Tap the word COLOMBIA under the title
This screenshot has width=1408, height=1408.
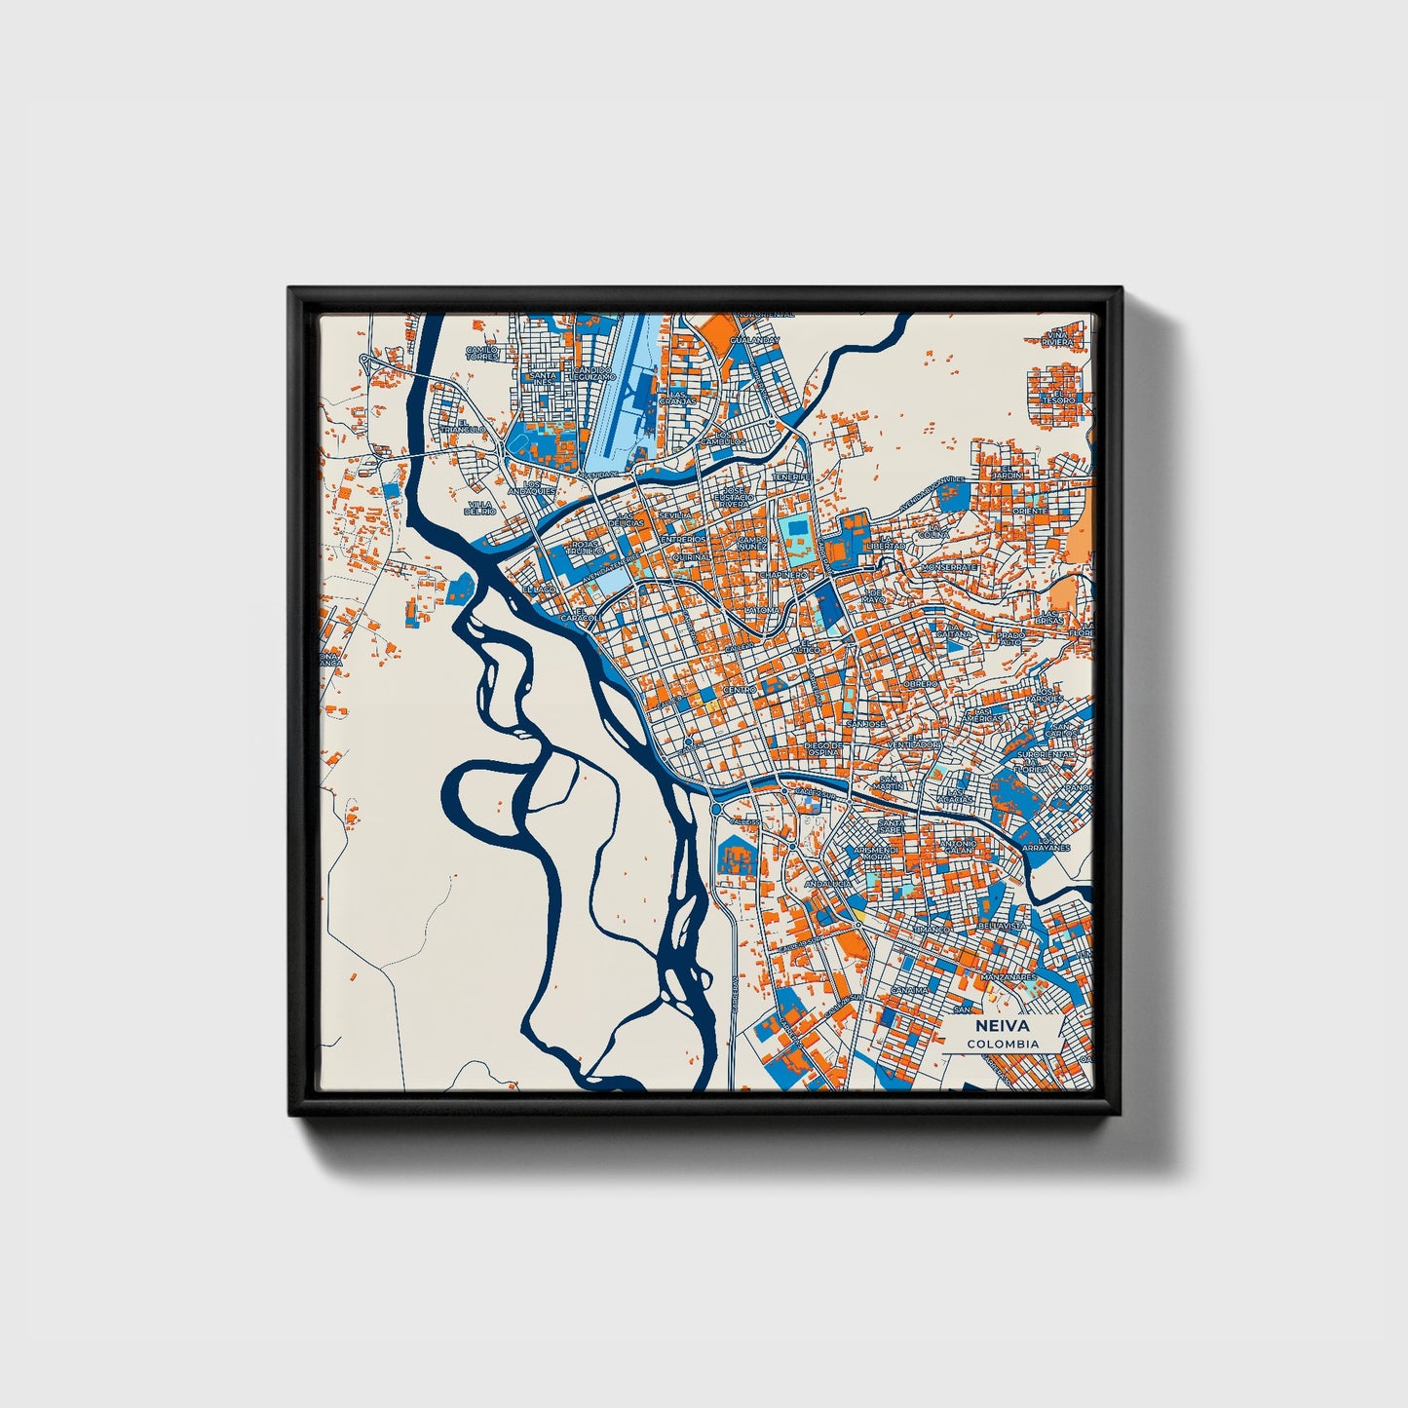coord(1003,1044)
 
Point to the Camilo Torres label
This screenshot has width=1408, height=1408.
coord(481,353)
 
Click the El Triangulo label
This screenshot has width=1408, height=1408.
coord(462,426)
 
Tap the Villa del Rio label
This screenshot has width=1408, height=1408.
coord(481,507)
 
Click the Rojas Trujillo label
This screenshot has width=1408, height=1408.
coord(587,548)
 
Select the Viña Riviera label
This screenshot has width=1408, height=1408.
coord(1056,338)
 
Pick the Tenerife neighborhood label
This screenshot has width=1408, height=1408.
coord(792,476)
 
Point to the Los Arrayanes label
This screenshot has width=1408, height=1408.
coord(1052,844)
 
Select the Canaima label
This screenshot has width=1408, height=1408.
coord(910,990)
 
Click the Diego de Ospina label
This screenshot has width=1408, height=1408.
coord(822,748)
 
